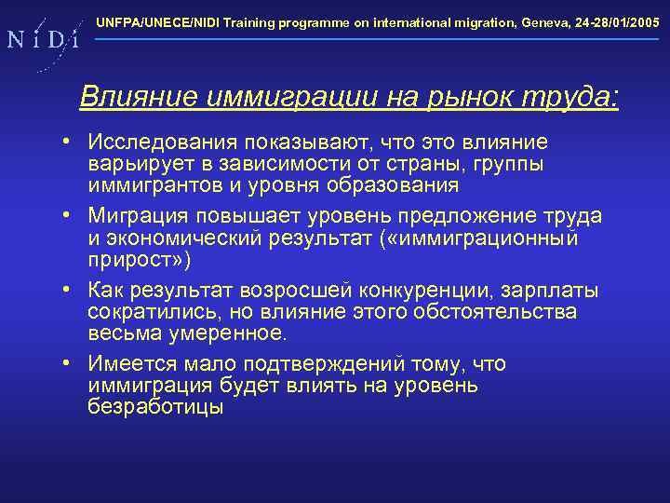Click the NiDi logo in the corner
point(42,40)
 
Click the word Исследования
point(161,143)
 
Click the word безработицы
point(155,406)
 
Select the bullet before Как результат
point(69,291)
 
